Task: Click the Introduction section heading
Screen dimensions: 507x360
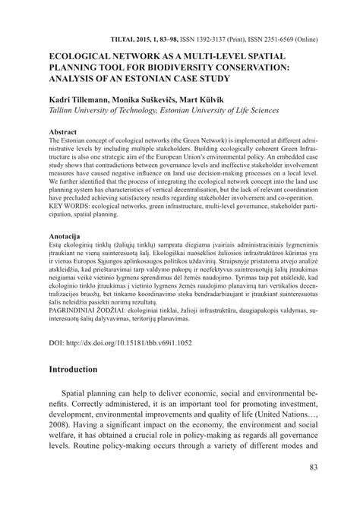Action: (85, 411)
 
